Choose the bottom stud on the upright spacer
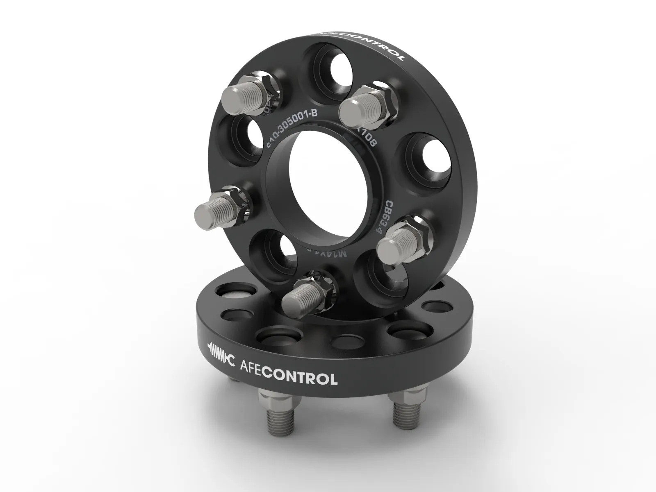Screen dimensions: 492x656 point(310,292)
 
